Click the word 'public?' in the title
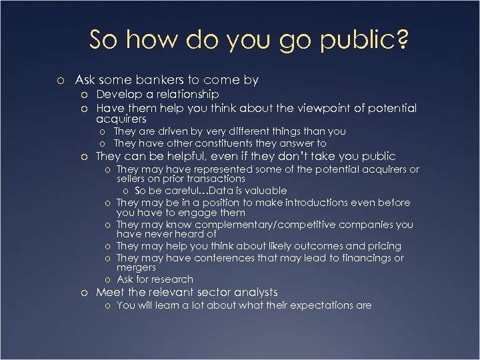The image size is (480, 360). coord(365,40)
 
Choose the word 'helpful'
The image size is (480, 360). coord(183,157)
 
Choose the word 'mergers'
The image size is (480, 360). coord(136,267)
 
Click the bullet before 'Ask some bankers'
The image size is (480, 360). coord(61,81)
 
